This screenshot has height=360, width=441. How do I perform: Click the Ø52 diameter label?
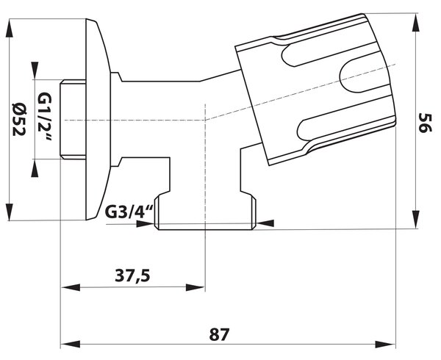[x=19, y=119]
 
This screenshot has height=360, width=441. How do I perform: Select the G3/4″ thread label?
[x=129, y=212]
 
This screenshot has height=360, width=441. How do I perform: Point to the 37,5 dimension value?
[x=133, y=276]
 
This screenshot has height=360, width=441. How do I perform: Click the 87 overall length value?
[x=219, y=334]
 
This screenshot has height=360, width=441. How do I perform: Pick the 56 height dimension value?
[x=425, y=123]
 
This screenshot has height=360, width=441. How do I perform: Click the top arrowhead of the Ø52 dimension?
[x=10, y=28]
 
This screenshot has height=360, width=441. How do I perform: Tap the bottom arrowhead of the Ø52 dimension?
[x=10, y=212]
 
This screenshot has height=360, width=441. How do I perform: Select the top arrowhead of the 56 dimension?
[x=416, y=23]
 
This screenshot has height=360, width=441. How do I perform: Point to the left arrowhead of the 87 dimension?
[x=71, y=344]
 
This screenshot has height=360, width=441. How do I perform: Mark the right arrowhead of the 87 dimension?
[x=386, y=344]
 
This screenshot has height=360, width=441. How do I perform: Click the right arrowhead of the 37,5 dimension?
[x=196, y=287]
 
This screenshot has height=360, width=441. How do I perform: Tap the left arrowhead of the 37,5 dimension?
[x=71, y=287]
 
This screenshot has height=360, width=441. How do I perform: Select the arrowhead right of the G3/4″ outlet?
[x=265, y=223]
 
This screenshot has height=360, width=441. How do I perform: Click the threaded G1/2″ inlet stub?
[x=73, y=120]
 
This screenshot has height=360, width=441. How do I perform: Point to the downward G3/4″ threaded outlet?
[x=206, y=211]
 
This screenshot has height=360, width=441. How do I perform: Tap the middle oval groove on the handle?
[x=365, y=76]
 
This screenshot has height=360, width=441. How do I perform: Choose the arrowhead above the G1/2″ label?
[x=35, y=71]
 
